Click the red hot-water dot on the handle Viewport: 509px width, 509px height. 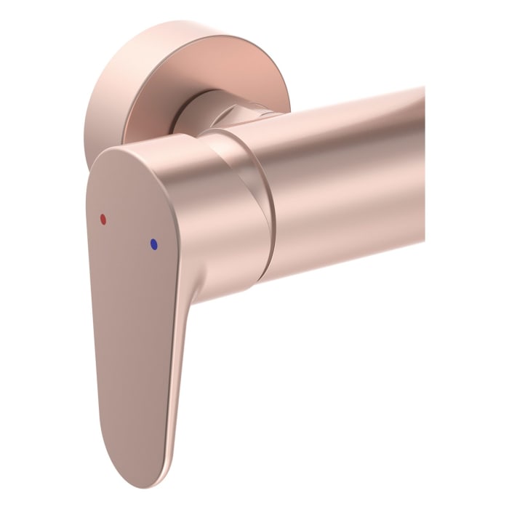[x=103, y=218]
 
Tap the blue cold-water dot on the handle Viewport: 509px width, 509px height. [x=153, y=245]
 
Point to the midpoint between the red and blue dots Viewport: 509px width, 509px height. [x=128, y=231]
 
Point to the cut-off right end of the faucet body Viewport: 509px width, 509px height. [x=422, y=167]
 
